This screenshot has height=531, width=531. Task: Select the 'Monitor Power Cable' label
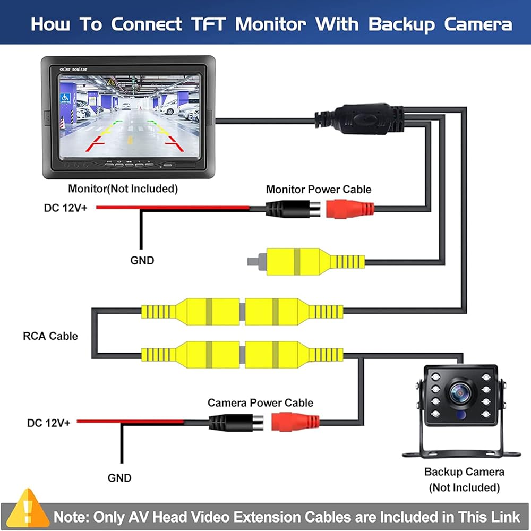pyautogui.click(x=319, y=189)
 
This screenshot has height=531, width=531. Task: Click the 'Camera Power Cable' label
pyautogui.click(x=260, y=402)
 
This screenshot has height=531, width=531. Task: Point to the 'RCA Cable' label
pyautogui.click(x=50, y=336)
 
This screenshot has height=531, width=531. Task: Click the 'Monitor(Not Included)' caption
pyautogui.click(x=123, y=189)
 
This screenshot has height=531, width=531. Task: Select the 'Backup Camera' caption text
pyautogui.click(x=464, y=472)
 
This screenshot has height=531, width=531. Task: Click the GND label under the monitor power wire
pyautogui.click(x=142, y=260)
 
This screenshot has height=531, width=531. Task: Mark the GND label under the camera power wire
pyautogui.click(x=119, y=478)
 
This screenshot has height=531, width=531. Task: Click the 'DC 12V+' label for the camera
pyautogui.click(x=49, y=423)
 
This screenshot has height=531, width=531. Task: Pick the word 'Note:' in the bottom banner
pyautogui.click(x=71, y=517)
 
